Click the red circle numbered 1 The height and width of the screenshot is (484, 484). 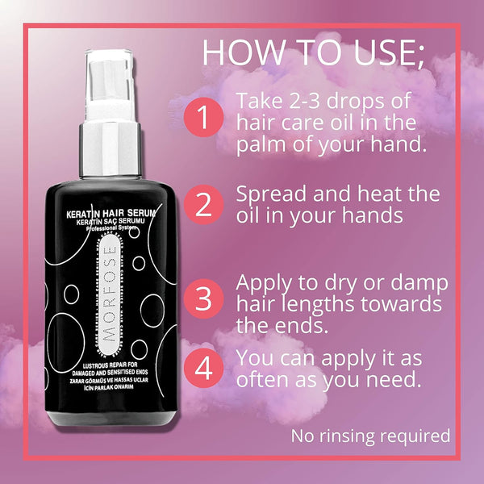point(202,119)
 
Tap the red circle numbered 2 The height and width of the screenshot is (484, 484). point(202,205)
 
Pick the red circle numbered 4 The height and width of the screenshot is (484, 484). point(202,369)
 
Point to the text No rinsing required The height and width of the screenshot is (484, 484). point(369,436)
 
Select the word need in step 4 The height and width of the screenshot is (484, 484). point(395,379)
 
